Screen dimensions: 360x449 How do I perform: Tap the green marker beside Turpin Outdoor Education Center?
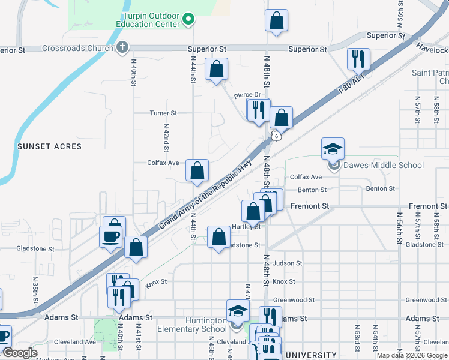(x=188, y=20)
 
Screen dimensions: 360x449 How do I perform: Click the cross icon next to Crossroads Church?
(x=122, y=47)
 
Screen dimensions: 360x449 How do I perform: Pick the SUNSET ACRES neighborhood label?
(x=49, y=146)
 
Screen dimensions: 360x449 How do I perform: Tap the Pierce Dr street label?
(x=248, y=94)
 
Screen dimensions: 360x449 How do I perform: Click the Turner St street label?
(x=163, y=113)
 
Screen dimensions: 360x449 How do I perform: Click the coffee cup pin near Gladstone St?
(x=112, y=236)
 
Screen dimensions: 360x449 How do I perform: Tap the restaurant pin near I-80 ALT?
(x=358, y=59)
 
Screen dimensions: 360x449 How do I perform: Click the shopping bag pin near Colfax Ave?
(x=197, y=171)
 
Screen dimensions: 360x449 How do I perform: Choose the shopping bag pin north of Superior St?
(x=276, y=20)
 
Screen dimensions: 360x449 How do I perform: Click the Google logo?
(x=20, y=353)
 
